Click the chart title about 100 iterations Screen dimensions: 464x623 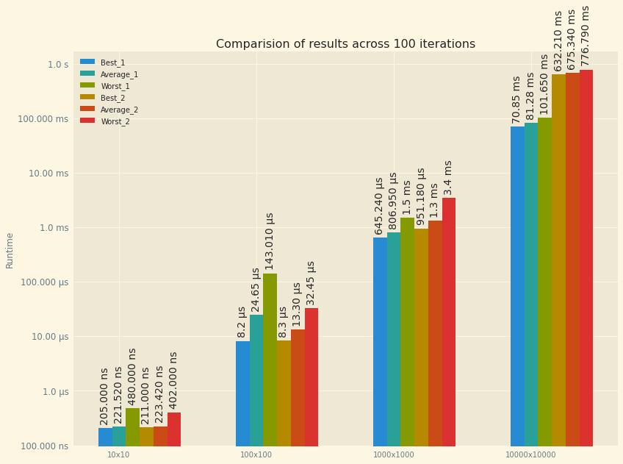tap(345, 44)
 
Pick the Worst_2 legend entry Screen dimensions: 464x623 tap(115, 121)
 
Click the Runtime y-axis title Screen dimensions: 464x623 tap(10, 250)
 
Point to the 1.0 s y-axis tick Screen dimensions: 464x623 tap(58, 65)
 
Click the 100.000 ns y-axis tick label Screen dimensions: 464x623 tap(43, 446)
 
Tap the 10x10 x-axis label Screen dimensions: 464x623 tap(118, 455)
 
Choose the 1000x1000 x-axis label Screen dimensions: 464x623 tap(394, 455)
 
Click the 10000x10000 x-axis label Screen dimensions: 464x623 tap(530, 455)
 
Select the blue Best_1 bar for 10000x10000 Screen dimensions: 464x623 tap(517, 287)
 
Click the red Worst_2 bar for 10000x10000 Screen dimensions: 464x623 tap(586, 257)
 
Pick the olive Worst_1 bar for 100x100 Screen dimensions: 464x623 tap(270, 360)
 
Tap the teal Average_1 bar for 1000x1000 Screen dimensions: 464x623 tap(394, 338)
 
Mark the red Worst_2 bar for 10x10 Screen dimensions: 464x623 tap(174, 429)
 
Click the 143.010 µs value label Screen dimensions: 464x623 tap(270, 241)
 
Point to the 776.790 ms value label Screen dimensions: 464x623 tap(586, 35)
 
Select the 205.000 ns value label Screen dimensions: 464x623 tap(104, 396)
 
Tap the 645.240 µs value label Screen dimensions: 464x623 tap(380, 205)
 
